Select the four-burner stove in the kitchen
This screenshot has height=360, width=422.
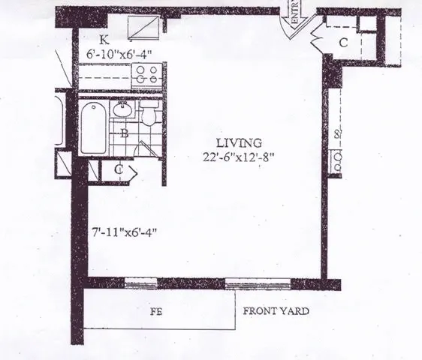click(143, 76)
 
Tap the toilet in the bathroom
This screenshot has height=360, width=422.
click(148, 115)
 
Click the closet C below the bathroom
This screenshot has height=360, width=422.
click(119, 169)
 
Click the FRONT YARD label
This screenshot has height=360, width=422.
click(275, 310)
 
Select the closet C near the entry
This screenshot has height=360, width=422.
click(343, 43)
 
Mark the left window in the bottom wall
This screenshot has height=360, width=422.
click(140, 283)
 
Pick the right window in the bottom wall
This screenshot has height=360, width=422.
click(246, 283)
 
